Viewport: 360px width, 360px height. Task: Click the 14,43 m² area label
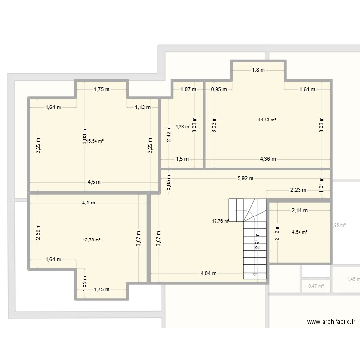(x=267, y=120)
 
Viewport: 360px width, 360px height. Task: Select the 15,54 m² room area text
(x=95, y=141)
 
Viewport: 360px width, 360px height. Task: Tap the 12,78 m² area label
(x=91, y=240)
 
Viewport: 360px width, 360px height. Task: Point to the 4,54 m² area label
(x=300, y=232)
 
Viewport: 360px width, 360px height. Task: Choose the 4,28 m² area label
(x=183, y=127)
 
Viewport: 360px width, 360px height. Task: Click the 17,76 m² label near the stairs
(x=220, y=221)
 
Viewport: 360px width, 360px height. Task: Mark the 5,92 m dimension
(x=245, y=178)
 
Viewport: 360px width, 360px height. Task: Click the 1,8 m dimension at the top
(x=258, y=70)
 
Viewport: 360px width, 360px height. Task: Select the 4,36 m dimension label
(x=268, y=159)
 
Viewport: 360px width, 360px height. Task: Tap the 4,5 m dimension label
(x=94, y=182)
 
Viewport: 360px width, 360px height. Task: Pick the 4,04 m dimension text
(x=209, y=274)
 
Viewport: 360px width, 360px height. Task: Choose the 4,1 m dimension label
(x=88, y=203)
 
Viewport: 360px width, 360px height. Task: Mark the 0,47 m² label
(x=316, y=286)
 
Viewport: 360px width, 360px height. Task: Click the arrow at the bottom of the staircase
(x=254, y=275)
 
